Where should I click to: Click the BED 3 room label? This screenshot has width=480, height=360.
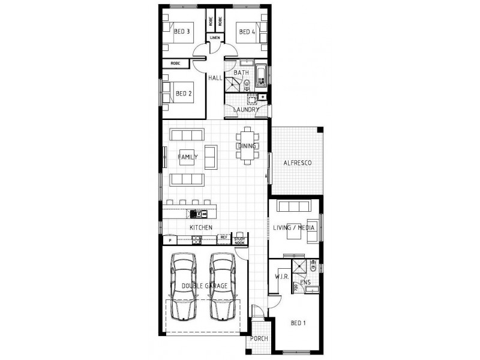tap(182, 31)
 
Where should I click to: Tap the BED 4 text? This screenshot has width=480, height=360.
tap(246, 31)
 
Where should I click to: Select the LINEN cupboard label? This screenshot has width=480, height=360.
tap(215, 38)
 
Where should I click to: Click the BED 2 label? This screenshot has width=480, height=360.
tap(183, 94)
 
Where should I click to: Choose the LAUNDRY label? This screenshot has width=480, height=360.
tap(247, 110)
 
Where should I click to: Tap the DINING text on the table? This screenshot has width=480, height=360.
tap(247, 146)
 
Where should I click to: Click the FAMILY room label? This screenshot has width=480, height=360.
tap(187, 157)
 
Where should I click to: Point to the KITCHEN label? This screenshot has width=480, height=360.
tap(201, 227)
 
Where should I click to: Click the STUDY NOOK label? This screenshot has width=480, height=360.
tap(239, 240)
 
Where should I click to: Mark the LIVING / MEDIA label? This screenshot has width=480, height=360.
tap(295, 228)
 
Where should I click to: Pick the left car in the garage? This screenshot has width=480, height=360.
tap(184, 286)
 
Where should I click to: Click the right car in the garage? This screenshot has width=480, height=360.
tap(222, 286)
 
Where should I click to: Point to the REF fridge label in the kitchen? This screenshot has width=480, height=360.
tap(223, 238)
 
